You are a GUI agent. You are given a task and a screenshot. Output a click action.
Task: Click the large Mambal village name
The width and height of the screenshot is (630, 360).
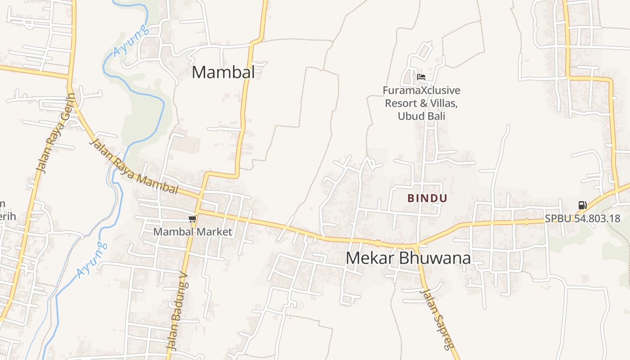pyautogui.click(x=223, y=72)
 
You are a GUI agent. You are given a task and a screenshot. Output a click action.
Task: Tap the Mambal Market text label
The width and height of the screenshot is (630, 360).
pyautogui.click(x=193, y=232)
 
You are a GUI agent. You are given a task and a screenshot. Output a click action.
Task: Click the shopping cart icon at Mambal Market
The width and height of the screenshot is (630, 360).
pyautogui.click(x=192, y=219)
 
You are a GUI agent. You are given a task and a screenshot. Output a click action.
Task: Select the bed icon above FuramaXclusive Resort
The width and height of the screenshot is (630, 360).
pyautogui.click(x=421, y=77)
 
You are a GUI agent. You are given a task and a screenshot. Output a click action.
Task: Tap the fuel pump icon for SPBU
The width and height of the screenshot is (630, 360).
pyautogui.click(x=582, y=205)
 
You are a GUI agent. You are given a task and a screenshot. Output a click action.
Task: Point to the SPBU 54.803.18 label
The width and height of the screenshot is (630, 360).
pyautogui.click(x=582, y=219)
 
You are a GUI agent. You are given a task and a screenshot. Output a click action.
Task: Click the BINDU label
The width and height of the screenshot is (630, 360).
pyautogui.click(x=427, y=198)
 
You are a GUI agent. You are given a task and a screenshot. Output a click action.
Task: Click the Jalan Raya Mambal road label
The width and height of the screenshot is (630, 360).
pyautogui.click(x=134, y=167)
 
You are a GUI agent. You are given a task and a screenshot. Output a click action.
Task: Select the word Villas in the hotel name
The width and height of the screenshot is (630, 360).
pyautogui.click(x=444, y=103)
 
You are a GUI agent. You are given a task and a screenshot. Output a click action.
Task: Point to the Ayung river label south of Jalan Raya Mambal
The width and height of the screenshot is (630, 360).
pyautogui.click(x=92, y=260)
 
